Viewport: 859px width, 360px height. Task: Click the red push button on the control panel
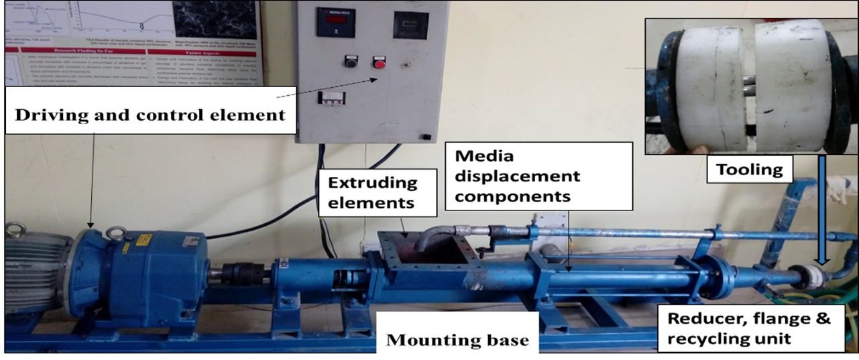pyautogui.click(x=379, y=64)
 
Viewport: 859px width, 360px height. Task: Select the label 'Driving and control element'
pyautogui.click(x=150, y=115)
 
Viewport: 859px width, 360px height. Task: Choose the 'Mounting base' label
pyautogui.click(x=457, y=340)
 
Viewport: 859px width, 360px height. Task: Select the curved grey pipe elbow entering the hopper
pyautogui.click(x=433, y=235)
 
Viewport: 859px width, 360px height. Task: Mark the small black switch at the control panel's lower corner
pyautogui.click(x=424, y=137)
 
